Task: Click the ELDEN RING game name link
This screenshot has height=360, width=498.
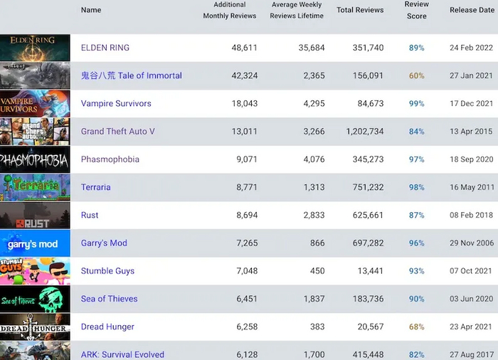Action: [105, 48]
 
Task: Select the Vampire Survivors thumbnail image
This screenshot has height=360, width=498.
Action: [35, 104]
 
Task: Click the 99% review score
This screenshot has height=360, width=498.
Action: [416, 104]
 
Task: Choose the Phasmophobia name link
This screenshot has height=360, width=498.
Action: [110, 159]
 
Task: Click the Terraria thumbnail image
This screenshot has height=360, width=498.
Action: [35, 187]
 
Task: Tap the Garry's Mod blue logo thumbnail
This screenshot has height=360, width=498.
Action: [35, 243]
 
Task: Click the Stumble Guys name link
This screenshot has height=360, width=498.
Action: [107, 271]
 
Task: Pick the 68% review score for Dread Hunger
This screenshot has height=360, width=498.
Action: [416, 327]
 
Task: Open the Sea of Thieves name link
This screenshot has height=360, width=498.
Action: [110, 299]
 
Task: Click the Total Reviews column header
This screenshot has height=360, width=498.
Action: [360, 11]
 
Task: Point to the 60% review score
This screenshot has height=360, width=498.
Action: [416, 75]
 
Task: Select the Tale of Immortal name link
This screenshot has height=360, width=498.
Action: [132, 75]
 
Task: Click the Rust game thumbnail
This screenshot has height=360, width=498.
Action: [35, 216]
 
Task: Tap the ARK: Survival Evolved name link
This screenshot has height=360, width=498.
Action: [122, 354]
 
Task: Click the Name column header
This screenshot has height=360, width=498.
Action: [91, 11]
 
